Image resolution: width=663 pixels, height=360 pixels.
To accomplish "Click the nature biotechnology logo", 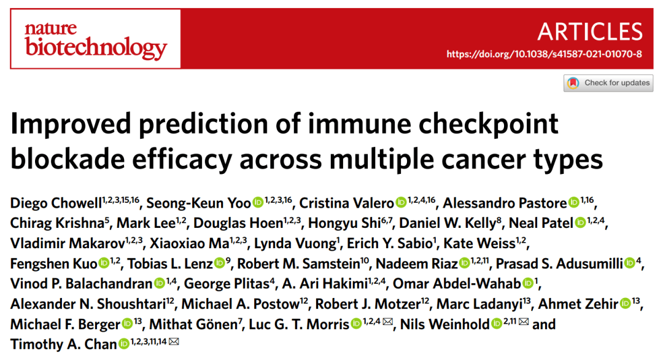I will point(95,39).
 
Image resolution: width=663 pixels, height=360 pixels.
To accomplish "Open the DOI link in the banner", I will point(544,54).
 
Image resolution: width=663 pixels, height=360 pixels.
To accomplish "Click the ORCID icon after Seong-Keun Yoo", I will point(258,202).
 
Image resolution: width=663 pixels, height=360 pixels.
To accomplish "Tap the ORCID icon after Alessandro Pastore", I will point(573,202).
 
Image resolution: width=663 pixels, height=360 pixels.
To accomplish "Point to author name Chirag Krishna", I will point(53,222).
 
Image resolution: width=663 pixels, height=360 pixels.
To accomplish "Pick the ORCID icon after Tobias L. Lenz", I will point(220,264).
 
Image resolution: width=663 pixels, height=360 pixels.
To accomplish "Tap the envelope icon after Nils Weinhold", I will point(523,323).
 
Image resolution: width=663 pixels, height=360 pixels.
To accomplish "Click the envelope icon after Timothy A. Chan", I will point(174,343).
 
